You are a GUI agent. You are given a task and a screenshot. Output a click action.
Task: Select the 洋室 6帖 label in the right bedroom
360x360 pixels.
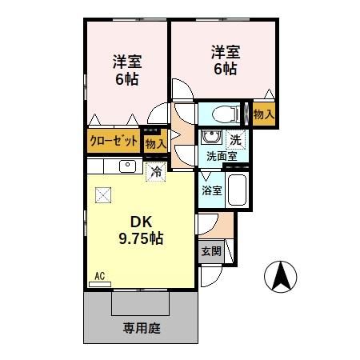225,61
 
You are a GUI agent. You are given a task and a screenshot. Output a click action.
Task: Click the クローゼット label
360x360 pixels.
113,142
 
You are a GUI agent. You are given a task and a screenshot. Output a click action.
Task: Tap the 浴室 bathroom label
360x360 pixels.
211,191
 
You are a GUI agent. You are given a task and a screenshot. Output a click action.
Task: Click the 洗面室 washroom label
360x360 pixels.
220,157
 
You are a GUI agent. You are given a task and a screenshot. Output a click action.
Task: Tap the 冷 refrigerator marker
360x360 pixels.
155,171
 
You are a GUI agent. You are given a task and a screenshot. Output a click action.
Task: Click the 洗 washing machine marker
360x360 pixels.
234,139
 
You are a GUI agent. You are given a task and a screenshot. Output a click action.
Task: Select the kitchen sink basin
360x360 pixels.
126,166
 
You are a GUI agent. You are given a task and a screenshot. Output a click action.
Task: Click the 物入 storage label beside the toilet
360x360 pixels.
263,114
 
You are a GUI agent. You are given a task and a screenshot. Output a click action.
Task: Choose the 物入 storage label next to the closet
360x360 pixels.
154,143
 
